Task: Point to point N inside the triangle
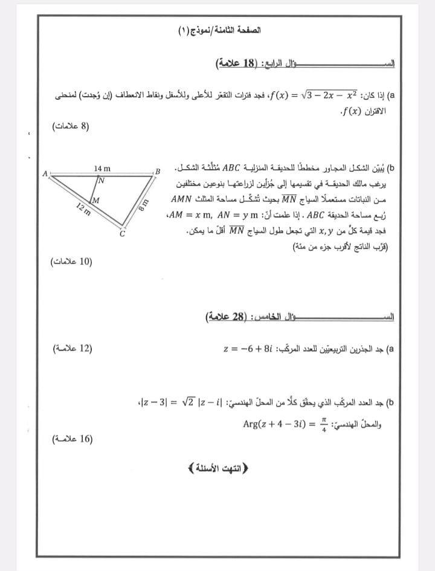coord(102,179)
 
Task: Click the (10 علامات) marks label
coord(70,262)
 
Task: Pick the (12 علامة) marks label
coord(71,348)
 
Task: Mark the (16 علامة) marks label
coord(72,439)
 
